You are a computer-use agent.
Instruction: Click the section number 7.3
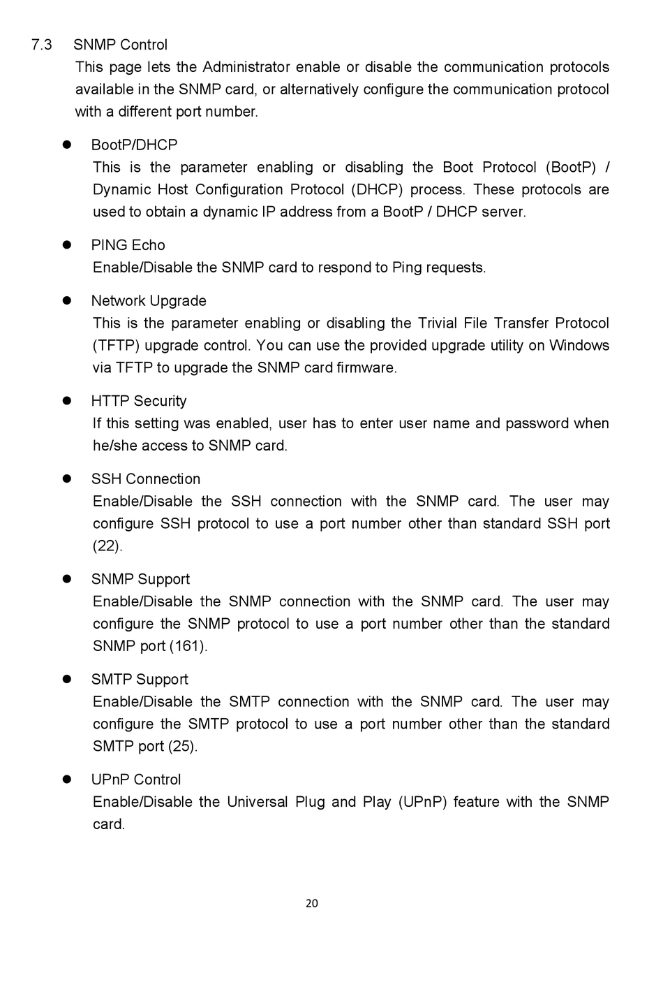[42, 45]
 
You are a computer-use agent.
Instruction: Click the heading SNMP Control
[120, 45]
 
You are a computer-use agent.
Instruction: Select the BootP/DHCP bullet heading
[134, 145]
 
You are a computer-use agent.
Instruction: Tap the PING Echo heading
[128, 245]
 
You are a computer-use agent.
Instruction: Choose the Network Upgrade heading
[149, 301]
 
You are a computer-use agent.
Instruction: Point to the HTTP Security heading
[139, 401]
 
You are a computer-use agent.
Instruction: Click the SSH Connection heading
[145, 479]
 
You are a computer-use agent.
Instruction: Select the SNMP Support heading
[140, 579]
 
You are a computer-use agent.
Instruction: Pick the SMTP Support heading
[140, 680]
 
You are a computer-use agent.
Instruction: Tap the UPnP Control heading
[135, 780]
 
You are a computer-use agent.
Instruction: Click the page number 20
[312, 903]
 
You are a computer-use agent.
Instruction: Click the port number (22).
[107, 546]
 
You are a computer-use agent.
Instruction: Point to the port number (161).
[188, 646]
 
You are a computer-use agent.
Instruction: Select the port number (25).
[183, 746]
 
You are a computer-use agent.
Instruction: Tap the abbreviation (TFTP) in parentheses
[115, 346]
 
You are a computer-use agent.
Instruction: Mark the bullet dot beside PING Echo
[68, 245]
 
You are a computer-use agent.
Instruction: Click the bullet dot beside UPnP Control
[68, 780]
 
